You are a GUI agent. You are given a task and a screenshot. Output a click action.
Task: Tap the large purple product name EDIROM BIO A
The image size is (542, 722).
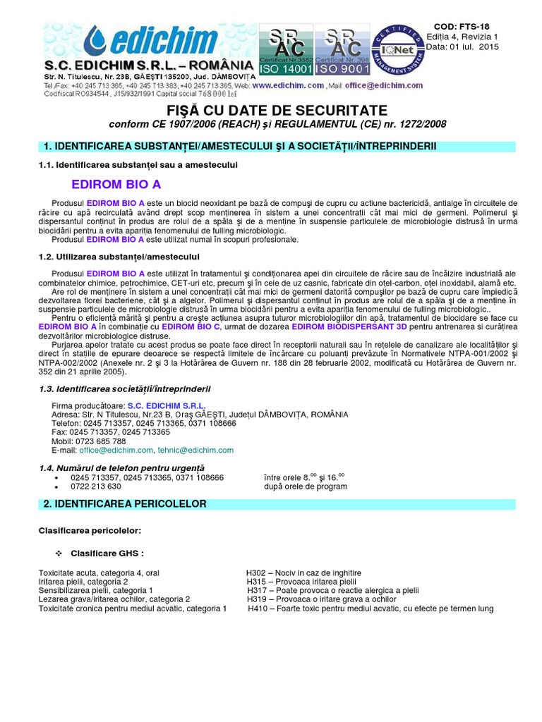(116, 185)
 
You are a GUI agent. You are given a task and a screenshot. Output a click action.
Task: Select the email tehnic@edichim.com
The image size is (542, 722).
(195, 450)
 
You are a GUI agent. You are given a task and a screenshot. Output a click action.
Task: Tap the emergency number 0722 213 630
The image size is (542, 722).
(95, 487)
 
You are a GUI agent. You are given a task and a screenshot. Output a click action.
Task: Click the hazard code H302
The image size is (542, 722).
(257, 573)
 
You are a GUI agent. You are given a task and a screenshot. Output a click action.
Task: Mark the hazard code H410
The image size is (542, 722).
(259, 608)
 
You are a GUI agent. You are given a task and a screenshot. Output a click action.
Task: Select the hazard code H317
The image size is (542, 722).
(258, 590)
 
